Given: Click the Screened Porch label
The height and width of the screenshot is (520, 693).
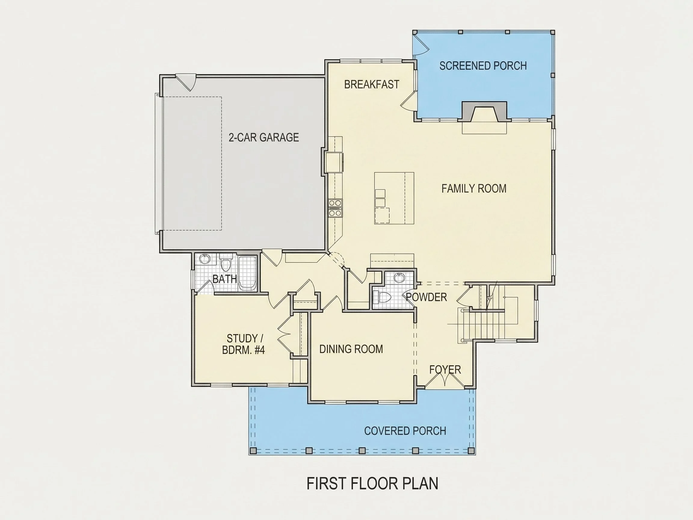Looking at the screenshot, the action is click(x=483, y=66).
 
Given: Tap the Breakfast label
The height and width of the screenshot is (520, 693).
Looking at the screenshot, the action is click(x=371, y=84).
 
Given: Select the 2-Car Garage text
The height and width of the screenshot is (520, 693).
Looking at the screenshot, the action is click(x=263, y=137).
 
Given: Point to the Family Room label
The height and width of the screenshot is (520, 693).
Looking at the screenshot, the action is click(x=474, y=188).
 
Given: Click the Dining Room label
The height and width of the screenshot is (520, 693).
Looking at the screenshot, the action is click(x=351, y=349).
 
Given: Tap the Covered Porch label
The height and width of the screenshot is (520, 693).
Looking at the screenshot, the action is click(x=405, y=431).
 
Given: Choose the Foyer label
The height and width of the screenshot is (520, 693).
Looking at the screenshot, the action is click(x=445, y=370).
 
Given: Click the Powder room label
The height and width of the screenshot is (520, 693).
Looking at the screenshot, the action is click(x=427, y=297).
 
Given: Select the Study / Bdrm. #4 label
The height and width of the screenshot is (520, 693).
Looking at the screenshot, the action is click(x=243, y=344).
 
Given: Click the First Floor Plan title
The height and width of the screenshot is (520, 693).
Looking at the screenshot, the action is click(x=372, y=484).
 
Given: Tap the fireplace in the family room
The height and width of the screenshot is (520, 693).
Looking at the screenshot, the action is click(x=484, y=111).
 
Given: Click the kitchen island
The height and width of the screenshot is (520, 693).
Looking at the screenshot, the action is click(x=394, y=198).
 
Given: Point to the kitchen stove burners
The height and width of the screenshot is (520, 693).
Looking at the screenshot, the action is click(x=335, y=208).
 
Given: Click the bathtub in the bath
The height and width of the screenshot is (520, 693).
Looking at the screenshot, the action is click(x=248, y=273).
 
